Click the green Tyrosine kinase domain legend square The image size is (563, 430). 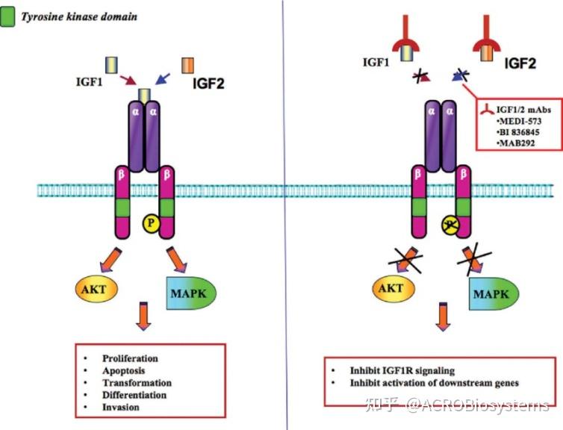(x=8, y=14)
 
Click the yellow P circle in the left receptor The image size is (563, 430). (x=152, y=222)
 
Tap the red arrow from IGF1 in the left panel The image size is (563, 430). (x=129, y=78)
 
